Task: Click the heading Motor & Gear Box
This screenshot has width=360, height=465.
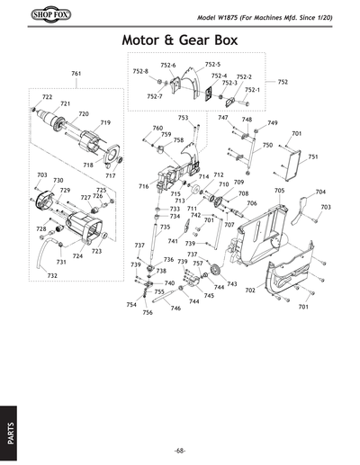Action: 179,41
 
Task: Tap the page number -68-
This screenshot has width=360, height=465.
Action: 180,450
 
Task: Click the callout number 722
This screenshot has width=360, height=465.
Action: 47,96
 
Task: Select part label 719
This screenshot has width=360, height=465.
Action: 105,122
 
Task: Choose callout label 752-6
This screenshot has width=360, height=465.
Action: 168,66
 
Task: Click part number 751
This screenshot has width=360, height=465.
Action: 312,156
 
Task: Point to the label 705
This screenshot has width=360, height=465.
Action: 279,191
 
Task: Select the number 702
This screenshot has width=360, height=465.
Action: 250,291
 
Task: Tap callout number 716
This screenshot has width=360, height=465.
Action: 143,185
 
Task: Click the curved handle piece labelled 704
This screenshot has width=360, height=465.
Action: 306,205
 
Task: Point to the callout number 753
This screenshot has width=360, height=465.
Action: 183,118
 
